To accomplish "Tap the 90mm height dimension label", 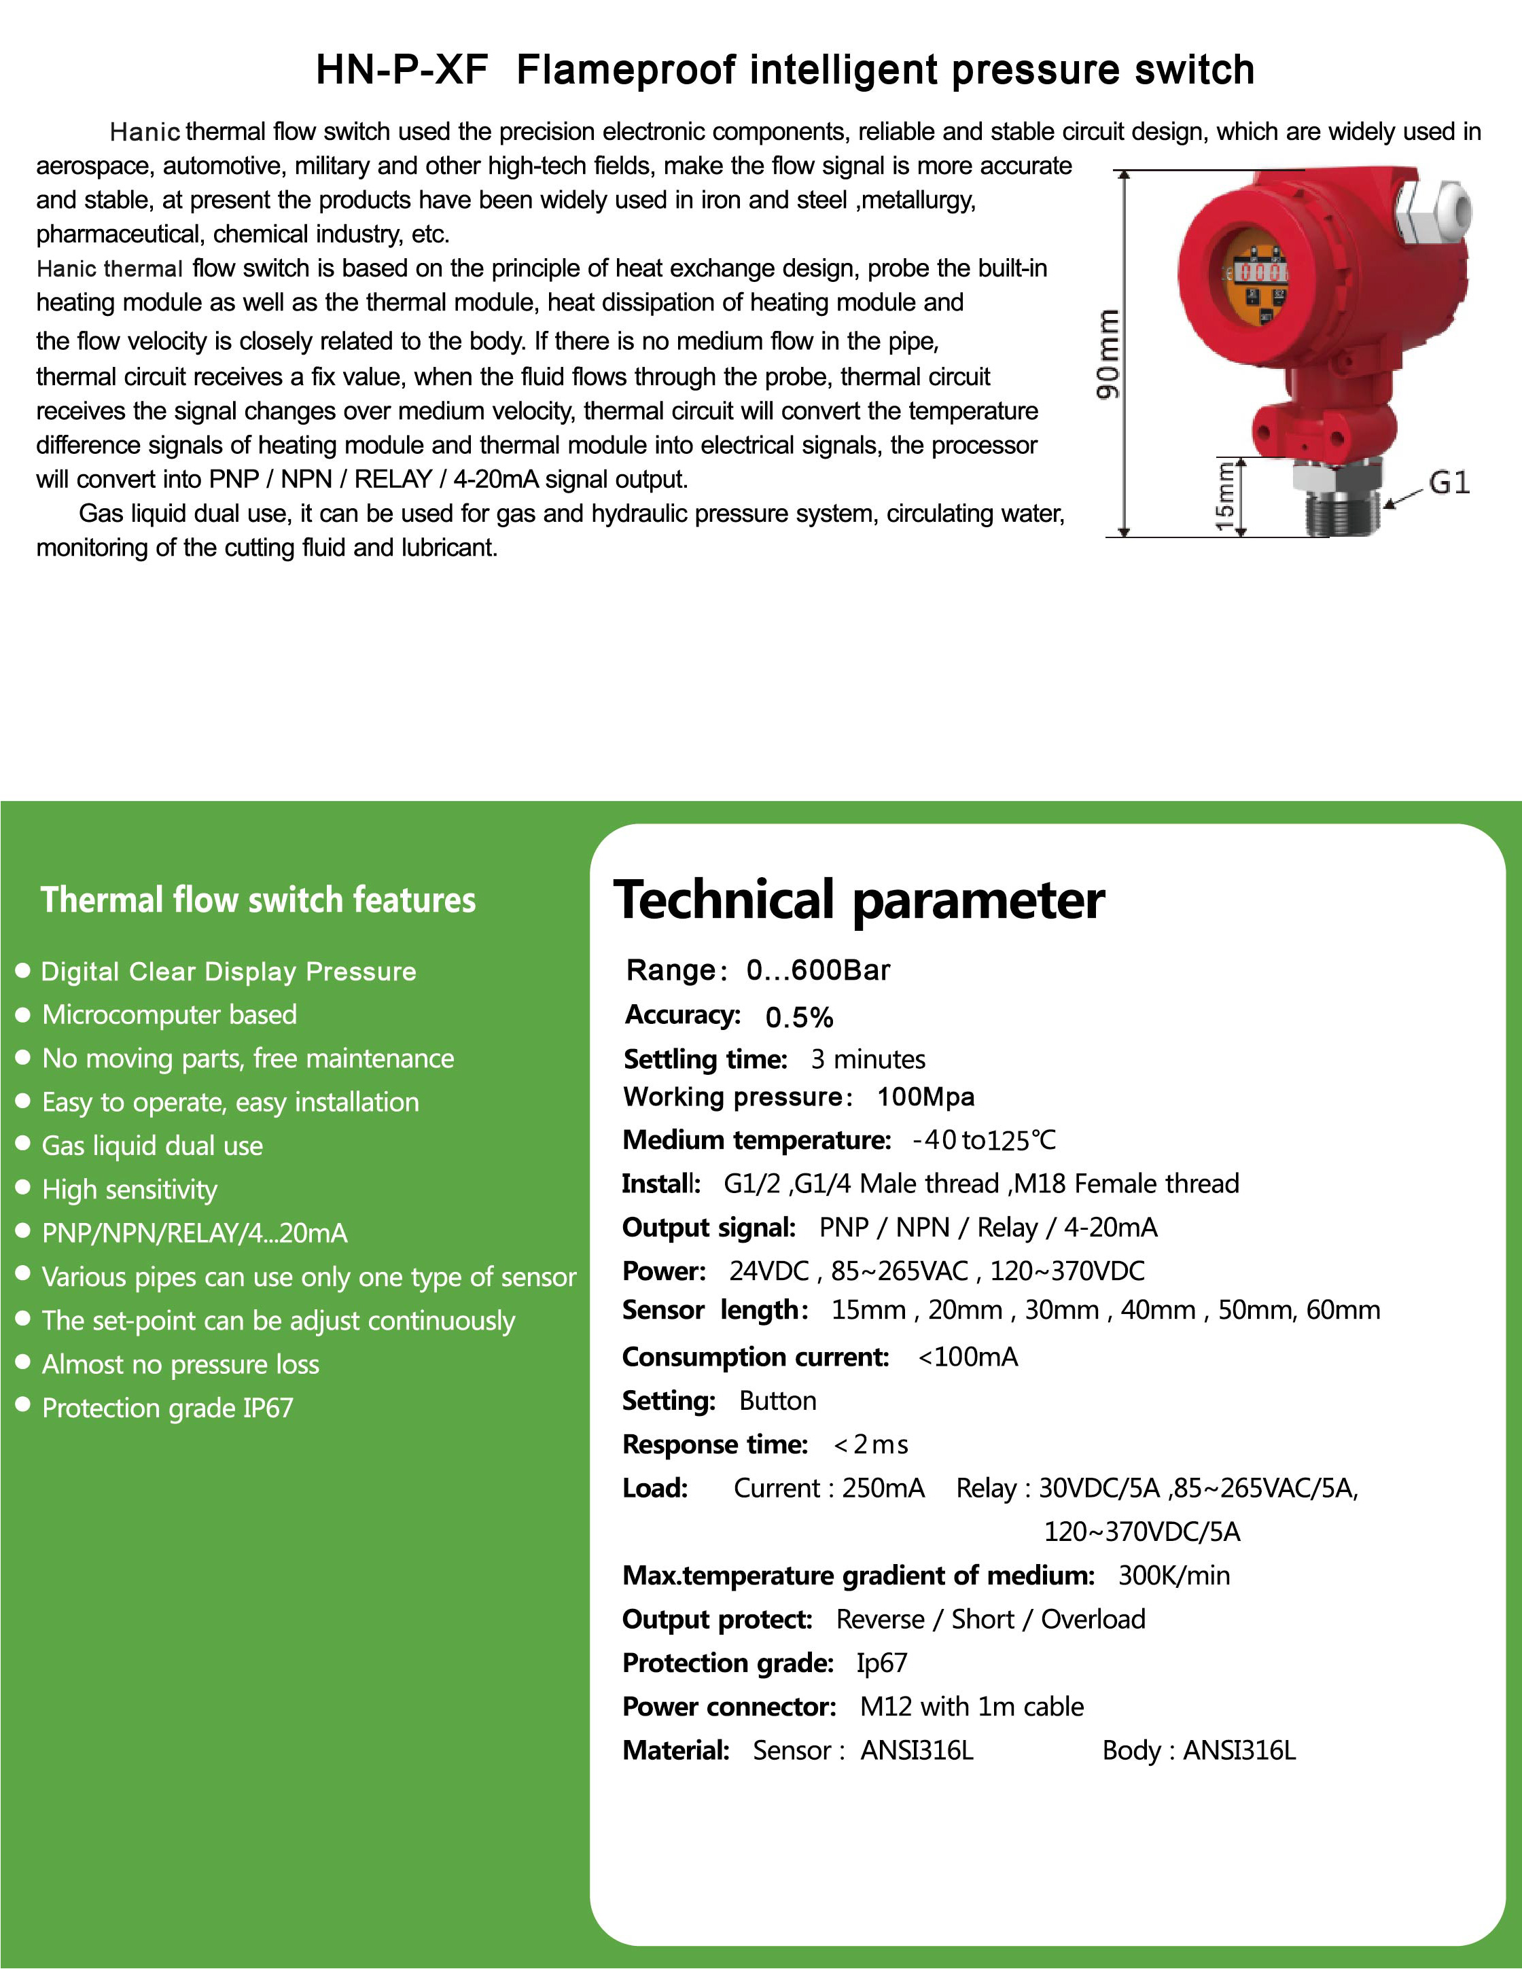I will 1108,353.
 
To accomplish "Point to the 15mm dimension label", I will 1224,496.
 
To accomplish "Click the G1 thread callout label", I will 1449,483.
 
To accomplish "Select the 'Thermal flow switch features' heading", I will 258,900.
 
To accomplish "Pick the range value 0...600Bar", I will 818,970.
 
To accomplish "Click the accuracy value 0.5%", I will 799,1017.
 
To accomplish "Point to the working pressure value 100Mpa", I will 925,1097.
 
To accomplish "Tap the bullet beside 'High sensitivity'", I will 24,1188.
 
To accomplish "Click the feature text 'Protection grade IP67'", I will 168,1407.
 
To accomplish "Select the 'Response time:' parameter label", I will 715,1444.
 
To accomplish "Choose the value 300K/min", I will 1174,1575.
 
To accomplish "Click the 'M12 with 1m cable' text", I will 972,1706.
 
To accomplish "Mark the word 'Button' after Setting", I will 777,1400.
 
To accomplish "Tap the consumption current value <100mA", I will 968,1357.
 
